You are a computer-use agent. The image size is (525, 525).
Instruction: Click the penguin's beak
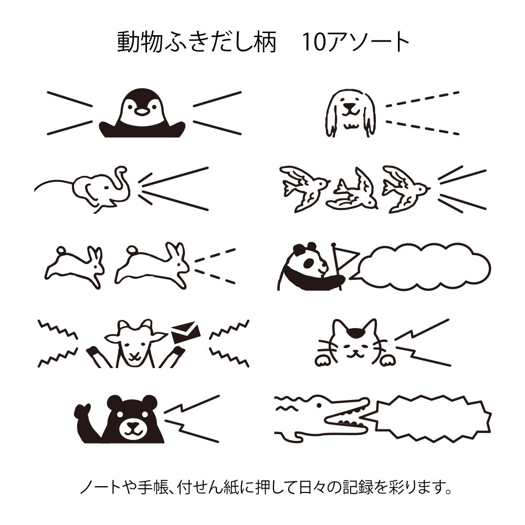(x=142, y=111)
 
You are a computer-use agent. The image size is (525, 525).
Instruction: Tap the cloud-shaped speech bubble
(x=424, y=266)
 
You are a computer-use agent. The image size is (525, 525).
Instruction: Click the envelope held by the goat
(x=185, y=332)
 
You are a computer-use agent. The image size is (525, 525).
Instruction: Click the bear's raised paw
(x=82, y=412)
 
